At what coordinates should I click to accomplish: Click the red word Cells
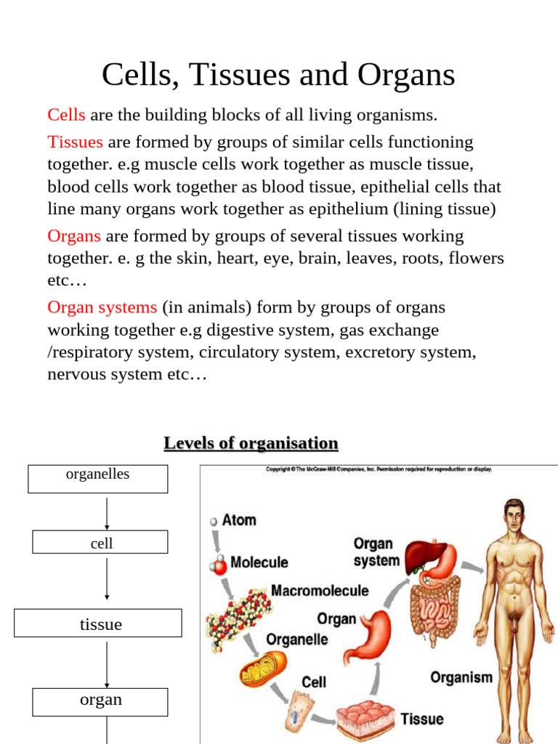pos(66,115)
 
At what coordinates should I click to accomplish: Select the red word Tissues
pos(75,142)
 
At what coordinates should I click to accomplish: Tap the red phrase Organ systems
pos(102,307)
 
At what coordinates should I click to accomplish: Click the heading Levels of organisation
pos(251,442)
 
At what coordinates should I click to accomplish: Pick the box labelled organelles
pos(97,479)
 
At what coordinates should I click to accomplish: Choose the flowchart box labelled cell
pos(100,542)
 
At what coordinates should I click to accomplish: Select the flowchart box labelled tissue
pos(98,623)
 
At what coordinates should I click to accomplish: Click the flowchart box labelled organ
pos(100,701)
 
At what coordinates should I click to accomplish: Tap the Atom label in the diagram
pos(239,520)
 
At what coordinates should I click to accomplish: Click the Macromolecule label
pos(320,591)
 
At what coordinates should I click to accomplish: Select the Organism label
pos(461,677)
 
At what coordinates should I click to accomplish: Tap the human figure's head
pos(514,517)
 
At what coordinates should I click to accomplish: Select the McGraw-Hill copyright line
pos(379,469)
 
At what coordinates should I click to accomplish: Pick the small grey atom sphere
pos(214,521)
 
